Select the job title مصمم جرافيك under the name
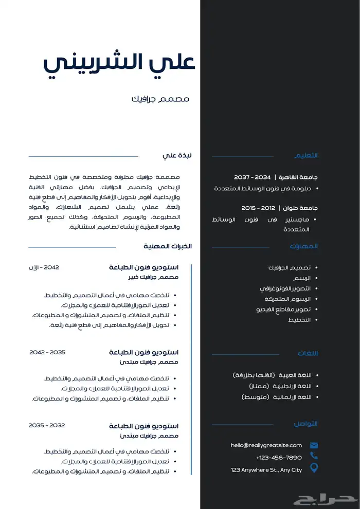pyautogui.click(x=160, y=99)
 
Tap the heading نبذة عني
pyautogui.click(x=177, y=155)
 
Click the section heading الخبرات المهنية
pyautogui.click(x=168, y=246)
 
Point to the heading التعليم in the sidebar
pyautogui.click(x=306, y=155)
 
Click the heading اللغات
pyautogui.click(x=308, y=353)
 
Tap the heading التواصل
pyautogui.click(x=305, y=424)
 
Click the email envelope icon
pyautogui.click(x=314, y=445)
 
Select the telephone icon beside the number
pyautogui.click(x=314, y=456)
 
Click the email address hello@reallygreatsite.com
pyautogui.click(x=266, y=445)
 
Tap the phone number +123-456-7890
pyautogui.click(x=279, y=457)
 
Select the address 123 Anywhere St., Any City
pyautogui.click(x=266, y=469)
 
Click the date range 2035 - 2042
pyautogui.click(x=47, y=352)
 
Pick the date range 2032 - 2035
pyautogui.click(x=47, y=425)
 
